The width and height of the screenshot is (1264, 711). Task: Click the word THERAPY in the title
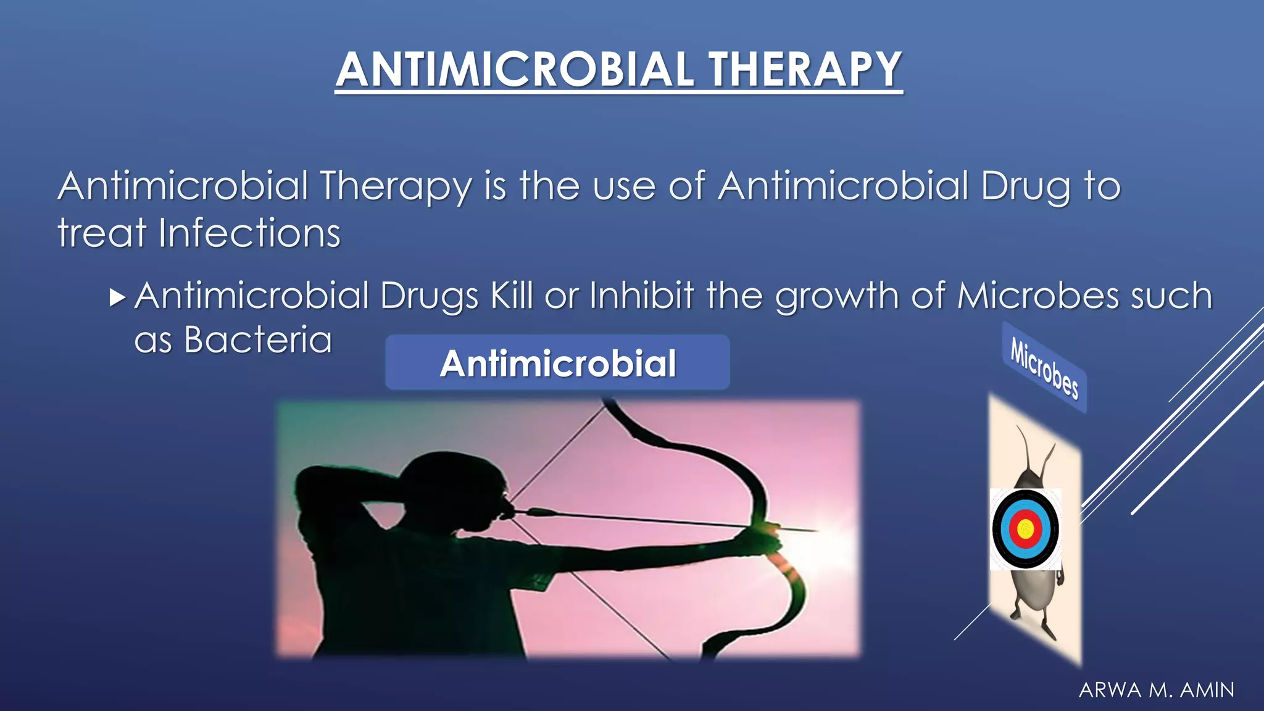[x=805, y=69]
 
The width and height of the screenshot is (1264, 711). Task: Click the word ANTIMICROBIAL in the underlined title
[x=515, y=69]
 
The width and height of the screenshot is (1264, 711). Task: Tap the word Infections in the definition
[x=249, y=233]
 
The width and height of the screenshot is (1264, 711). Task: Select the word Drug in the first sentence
[x=1025, y=186]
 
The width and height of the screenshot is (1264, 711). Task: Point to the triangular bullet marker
[x=117, y=297]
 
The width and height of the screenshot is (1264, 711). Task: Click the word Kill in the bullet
[x=512, y=296]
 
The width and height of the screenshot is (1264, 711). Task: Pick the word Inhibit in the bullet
[x=642, y=296]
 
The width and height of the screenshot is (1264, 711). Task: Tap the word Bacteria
[x=258, y=340]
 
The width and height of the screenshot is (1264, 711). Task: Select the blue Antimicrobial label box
[x=557, y=362]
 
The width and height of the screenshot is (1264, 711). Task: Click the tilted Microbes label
[x=1044, y=368]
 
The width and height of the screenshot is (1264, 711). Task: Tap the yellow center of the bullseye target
[x=1025, y=529]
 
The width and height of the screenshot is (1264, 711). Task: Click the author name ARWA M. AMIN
[x=1157, y=690]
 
